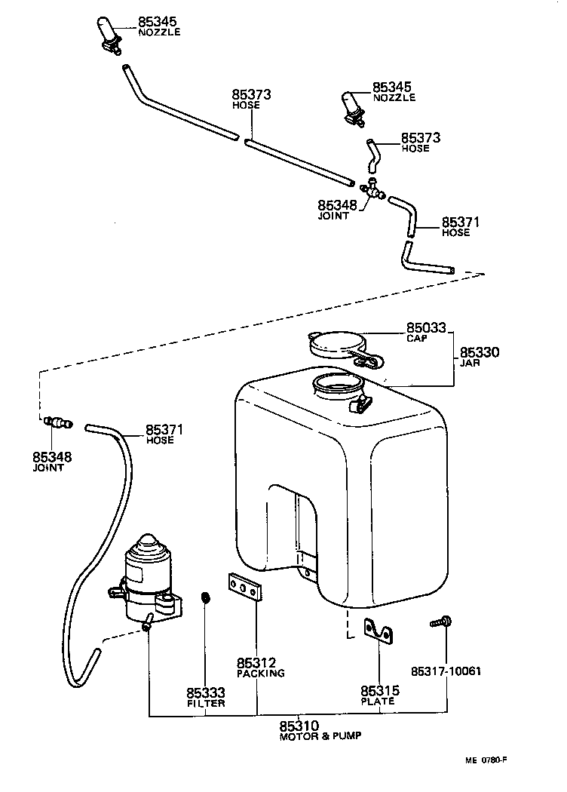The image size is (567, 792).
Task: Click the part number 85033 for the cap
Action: point(426,328)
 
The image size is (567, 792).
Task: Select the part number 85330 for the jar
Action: point(480,352)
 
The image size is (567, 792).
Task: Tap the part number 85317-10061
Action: point(446,671)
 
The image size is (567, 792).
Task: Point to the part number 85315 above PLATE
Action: point(379,691)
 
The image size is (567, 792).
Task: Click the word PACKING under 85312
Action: point(261,673)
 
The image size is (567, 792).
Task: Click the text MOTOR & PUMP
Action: point(320,735)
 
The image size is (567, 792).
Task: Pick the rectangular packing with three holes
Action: point(244,589)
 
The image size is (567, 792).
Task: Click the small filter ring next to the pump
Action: point(204,599)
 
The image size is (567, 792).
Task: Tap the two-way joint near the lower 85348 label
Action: point(57,422)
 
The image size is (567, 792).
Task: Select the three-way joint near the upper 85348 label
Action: point(370,191)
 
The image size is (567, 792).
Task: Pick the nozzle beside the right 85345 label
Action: point(353,108)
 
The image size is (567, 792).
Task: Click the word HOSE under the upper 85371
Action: point(456,232)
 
